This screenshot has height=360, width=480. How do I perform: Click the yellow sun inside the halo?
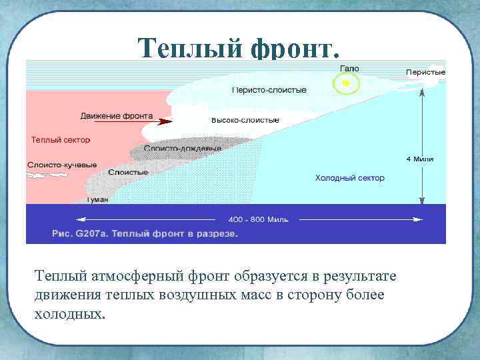click(x=345, y=83)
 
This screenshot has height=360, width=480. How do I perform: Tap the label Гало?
click(x=349, y=69)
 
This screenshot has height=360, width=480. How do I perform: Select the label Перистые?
click(x=425, y=72)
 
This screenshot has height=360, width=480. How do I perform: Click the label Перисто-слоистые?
click(x=269, y=89)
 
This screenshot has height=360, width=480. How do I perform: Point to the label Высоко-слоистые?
click(x=245, y=120)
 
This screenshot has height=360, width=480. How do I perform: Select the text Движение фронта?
click(x=115, y=116)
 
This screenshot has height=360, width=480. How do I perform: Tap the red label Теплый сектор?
click(x=61, y=140)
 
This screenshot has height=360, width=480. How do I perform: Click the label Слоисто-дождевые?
click(x=182, y=149)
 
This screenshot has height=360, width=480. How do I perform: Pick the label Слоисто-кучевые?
click(x=62, y=165)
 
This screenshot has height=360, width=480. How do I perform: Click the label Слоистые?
click(x=128, y=172)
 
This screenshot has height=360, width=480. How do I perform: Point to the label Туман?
click(x=97, y=199)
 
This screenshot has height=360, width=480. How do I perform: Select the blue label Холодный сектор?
click(x=349, y=178)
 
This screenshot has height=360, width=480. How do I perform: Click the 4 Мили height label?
click(x=420, y=159)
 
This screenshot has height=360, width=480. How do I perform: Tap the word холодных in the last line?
click(x=69, y=313)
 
